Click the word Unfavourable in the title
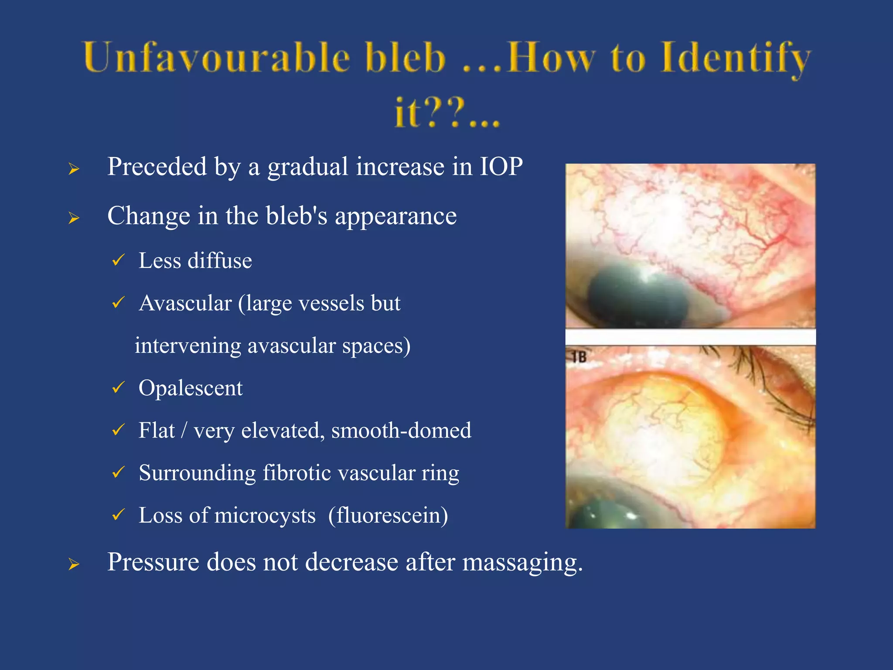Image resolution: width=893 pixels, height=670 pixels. [x=216, y=58]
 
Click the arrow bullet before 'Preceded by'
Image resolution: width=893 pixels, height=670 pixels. [x=74, y=169]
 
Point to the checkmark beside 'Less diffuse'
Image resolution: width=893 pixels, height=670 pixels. [x=118, y=260]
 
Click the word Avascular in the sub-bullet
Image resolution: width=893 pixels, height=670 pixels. [x=185, y=303]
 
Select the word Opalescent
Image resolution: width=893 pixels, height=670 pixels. [x=191, y=388]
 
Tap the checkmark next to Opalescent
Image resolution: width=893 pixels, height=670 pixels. [x=118, y=387]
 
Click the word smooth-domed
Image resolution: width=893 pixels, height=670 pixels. [x=401, y=431]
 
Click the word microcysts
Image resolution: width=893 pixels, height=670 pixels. [x=265, y=515]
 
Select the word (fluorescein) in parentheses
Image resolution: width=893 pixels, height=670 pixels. [x=388, y=515]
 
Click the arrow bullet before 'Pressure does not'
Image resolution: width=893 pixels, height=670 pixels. [x=74, y=564]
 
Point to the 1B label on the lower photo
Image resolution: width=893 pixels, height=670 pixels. [x=579, y=357]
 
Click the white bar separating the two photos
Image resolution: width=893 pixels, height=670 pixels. [x=690, y=337]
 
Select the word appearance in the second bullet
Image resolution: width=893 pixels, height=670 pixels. [x=395, y=216]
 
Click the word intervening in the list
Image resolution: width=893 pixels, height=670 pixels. [x=187, y=345]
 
